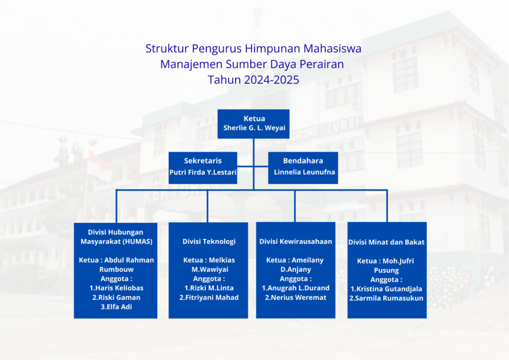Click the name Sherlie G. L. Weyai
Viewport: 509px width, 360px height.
click(254, 128)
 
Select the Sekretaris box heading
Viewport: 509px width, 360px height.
click(203, 161)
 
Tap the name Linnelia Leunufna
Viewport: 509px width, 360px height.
click(305, 172)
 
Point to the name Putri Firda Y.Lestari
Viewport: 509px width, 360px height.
click(203, 172)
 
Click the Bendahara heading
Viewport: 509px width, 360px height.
click(303, 161)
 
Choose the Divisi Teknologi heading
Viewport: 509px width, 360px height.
click(209, 242)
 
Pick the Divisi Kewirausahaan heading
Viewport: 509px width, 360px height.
click(296, 242)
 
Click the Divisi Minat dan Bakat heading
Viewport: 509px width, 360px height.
click(386, 242)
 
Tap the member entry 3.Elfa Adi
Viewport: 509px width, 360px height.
click(116, 307)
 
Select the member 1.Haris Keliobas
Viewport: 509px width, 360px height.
click(116, 288)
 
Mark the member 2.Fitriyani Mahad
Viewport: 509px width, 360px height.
click(209, 297)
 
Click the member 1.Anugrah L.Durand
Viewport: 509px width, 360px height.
click(296, 288)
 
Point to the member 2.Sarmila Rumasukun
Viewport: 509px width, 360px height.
click(386, 298)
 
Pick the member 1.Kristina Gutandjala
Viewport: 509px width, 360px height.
click(386, 289)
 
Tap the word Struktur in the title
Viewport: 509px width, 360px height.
click(167, 49)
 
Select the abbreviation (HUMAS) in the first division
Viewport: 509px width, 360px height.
click(138, 242)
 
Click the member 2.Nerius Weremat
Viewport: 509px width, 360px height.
click(296, 297)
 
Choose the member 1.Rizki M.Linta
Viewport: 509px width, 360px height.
click(209, 288)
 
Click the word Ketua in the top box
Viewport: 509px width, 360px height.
click(254, 118)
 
